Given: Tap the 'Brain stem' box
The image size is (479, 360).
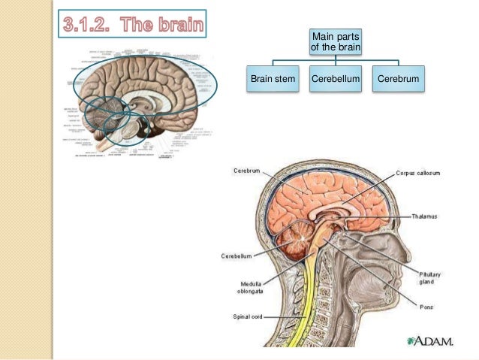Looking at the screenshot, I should point(273,79).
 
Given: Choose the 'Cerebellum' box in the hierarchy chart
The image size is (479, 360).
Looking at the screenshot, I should point(336,79).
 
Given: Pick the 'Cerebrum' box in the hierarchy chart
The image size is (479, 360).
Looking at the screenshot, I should point(399,79).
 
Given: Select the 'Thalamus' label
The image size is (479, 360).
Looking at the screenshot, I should point(426,216).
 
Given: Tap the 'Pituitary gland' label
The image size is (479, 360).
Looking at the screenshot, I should point(430,280).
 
